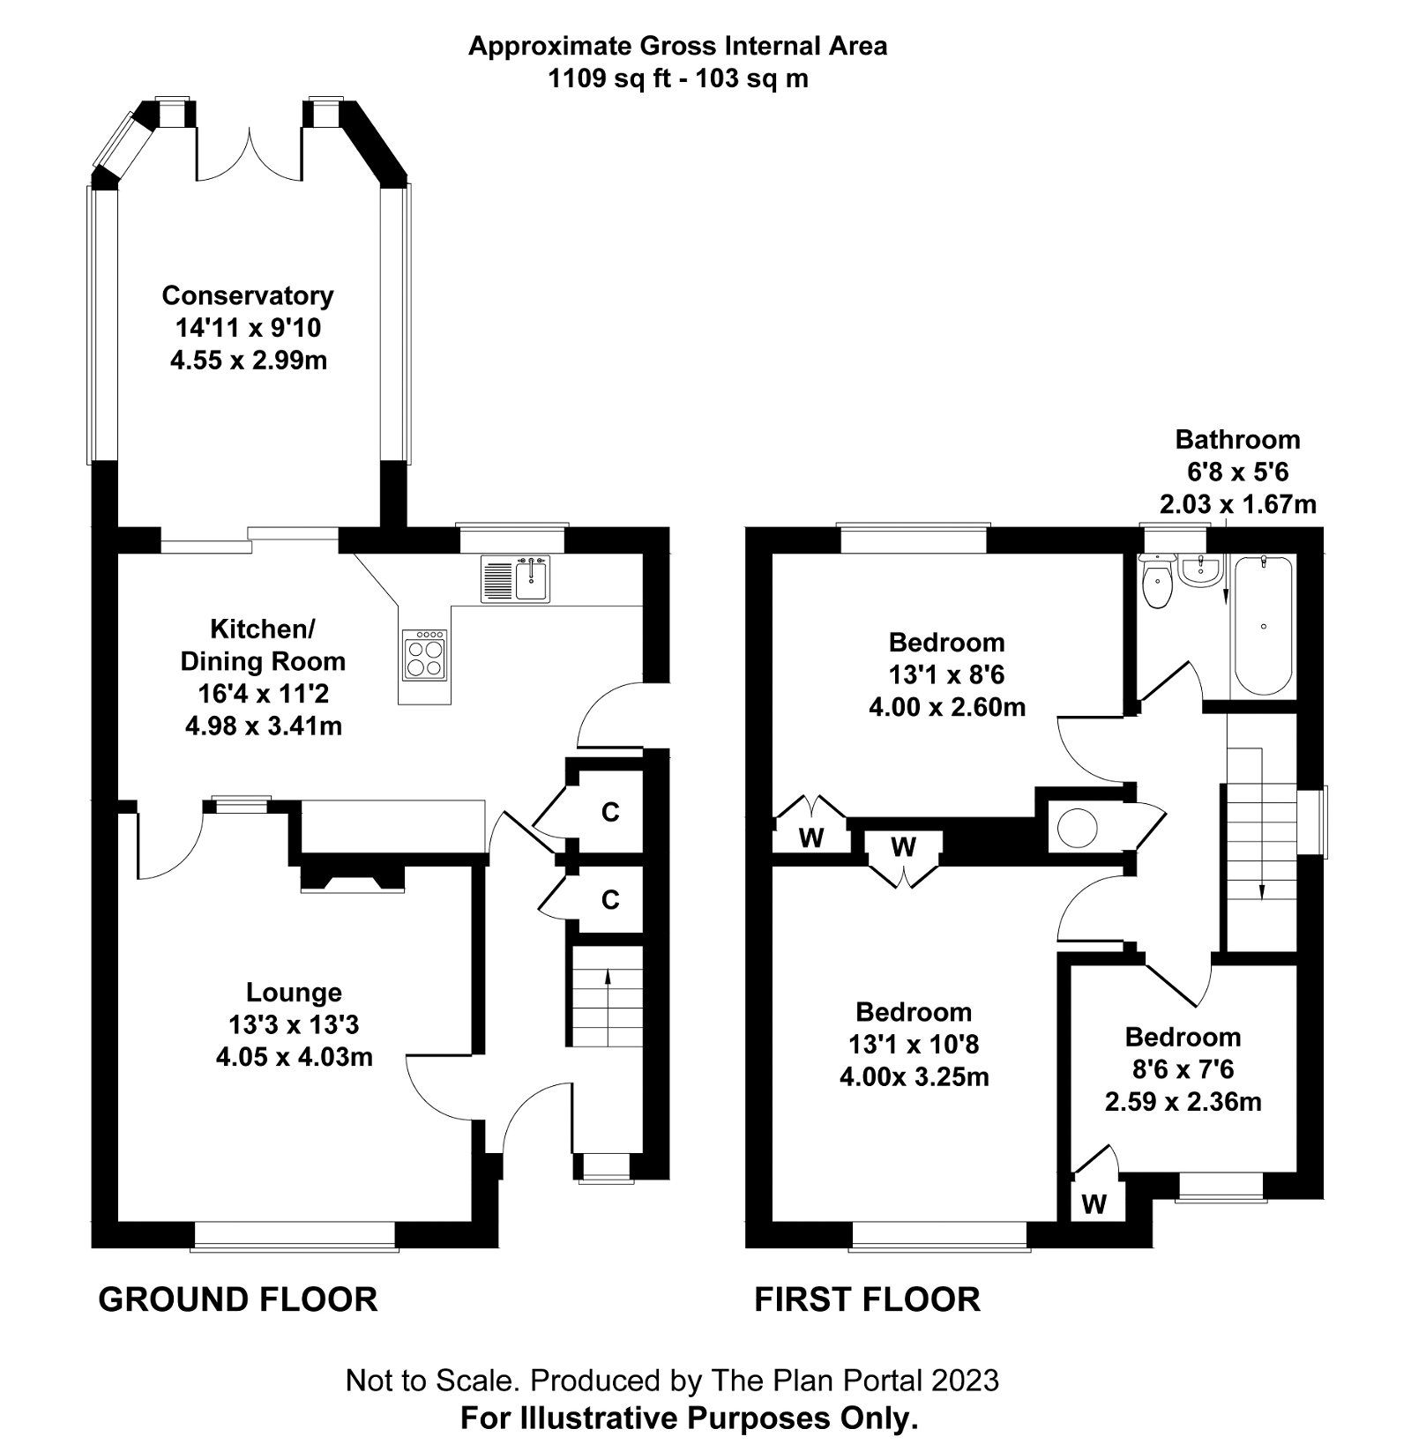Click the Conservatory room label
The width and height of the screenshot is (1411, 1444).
248,295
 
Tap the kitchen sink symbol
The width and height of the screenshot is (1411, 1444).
516,579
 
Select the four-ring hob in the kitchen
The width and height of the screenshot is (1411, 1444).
424,655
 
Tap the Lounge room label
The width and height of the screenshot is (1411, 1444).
294,993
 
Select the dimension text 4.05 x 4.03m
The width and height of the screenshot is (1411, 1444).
295,1057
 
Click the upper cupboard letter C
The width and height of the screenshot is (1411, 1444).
610,812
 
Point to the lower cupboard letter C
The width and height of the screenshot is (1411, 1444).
610,900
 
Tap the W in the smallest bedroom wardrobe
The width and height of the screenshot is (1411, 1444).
1094,1203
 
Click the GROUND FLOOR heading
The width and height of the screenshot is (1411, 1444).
238,1299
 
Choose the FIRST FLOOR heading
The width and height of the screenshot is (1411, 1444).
867,1299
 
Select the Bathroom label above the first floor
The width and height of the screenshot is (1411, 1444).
1237,439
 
